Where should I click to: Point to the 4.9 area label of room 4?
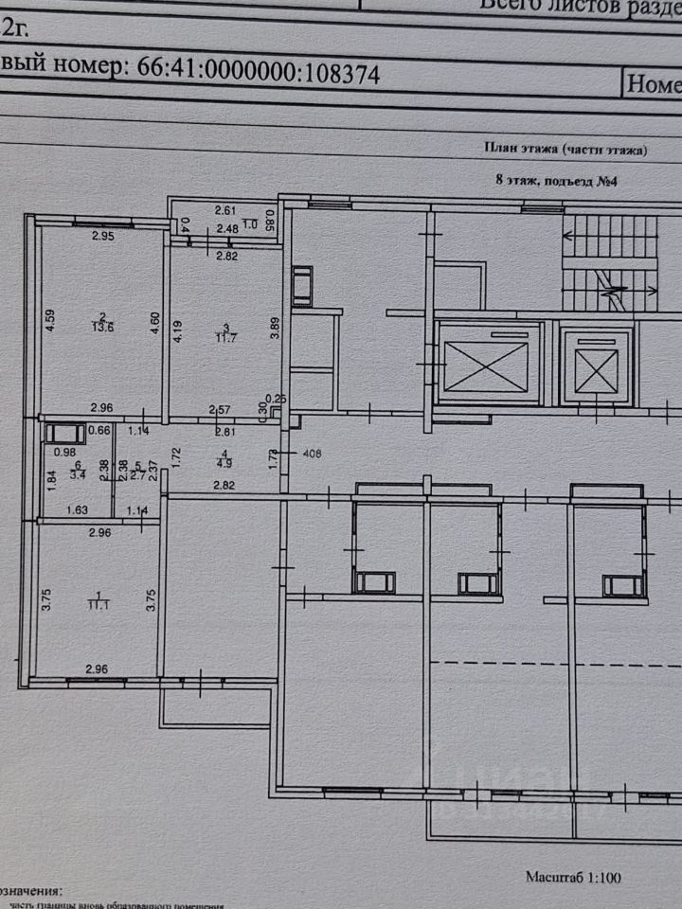coord(224,463)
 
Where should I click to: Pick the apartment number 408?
coord(313,454)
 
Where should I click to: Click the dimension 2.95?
coord(101,237)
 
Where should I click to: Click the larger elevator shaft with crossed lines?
coord(485,366)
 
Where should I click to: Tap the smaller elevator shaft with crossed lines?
coord(596,365)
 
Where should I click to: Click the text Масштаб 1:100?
coord(574,878)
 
